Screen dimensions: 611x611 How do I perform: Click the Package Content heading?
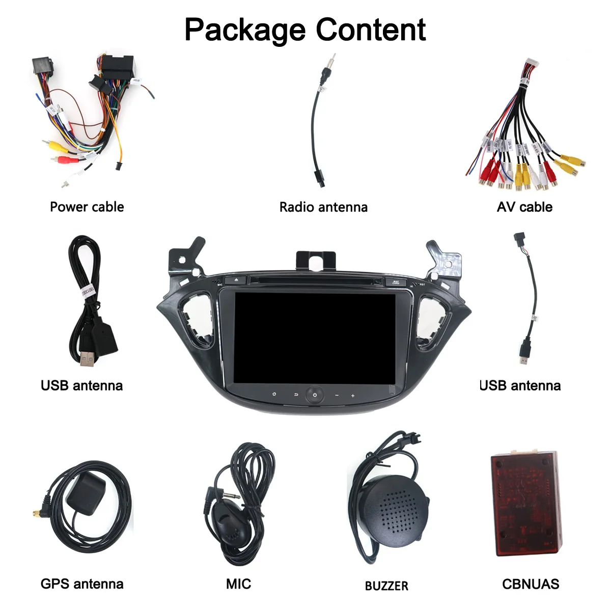point(305,30)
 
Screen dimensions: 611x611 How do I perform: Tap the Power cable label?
point(87,207)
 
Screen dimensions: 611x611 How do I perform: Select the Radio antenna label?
point(323,207)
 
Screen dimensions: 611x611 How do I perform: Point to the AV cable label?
point(524,207)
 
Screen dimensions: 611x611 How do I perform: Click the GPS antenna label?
point(82,584)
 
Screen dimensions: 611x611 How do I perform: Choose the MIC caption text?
point(238,584)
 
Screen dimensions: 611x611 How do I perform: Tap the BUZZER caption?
point(386,586)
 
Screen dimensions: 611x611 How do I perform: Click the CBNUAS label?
point(531,584)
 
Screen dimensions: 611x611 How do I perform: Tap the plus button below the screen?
point(353,396)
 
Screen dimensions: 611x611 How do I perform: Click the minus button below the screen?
point(337,396)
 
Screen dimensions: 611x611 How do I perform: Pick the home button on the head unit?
point(274,394)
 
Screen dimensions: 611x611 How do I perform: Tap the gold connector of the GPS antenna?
point(37,515)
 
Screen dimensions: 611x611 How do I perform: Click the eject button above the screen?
point(235,280)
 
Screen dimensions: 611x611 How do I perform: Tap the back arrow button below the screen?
point(295,395)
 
